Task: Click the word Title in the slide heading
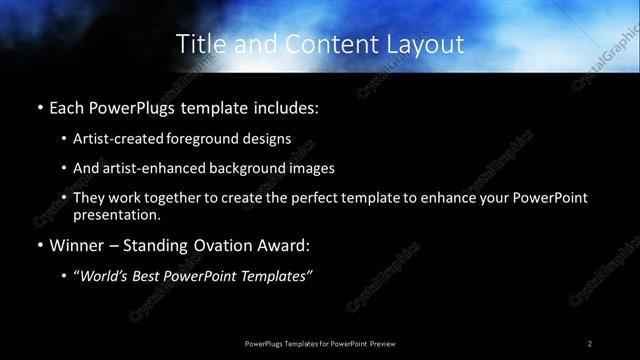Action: (x=198, y=44)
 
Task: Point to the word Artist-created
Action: (x=117, y=138)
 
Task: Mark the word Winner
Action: (x=76, y=245)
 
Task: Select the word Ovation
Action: (x=234, y=245)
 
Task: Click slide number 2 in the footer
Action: (x=590, y=343)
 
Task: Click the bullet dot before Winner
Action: (x=39, y=245)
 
